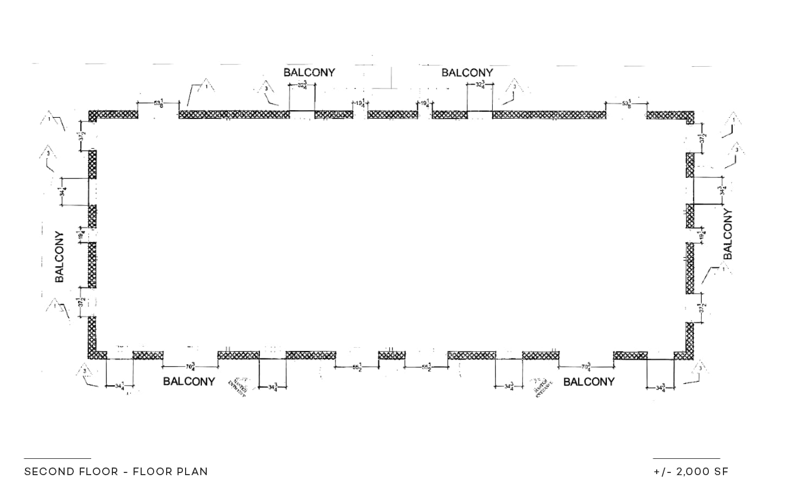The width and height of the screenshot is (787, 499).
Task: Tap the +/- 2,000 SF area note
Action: click(x=691, y=471)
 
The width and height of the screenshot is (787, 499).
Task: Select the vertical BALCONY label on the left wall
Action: click(x=60, y=257)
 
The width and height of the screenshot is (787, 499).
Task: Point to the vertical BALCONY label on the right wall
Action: click(x=728, y=234)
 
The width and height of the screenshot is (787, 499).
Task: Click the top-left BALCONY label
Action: click(x=309, y=72)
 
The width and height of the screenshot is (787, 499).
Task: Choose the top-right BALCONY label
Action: click(x=467, y=73)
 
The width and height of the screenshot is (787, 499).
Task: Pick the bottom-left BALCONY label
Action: click(x=189, y=381)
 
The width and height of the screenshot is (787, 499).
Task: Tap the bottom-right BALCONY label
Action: click(x=589, y=382)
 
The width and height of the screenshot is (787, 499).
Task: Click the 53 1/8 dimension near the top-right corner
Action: click(x=627, y=103)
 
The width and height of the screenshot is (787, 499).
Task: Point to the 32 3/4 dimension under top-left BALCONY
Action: click(x=302, y=85)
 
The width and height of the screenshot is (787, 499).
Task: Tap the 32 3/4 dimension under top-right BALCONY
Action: click(x=481, y=85)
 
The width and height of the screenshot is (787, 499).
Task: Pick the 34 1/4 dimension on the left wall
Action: click(x=63, y=191)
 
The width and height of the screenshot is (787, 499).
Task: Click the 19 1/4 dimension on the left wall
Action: click(x=80, y=235)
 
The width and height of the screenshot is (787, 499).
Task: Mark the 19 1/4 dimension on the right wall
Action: click(x=703, y=235)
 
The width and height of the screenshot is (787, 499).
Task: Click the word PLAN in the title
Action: click(x=194, y=471)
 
